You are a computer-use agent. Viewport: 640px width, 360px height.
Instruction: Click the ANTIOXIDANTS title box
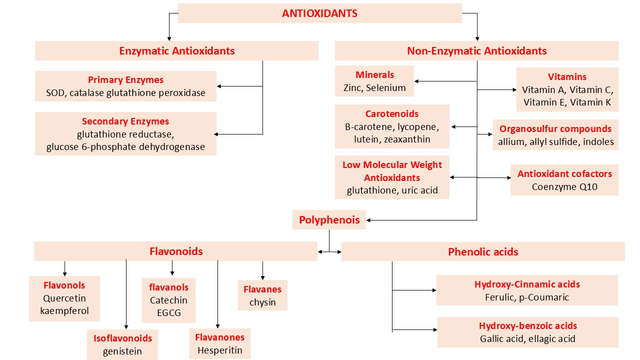click(319, 13)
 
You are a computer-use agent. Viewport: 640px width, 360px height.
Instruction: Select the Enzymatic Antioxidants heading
click(176, 51)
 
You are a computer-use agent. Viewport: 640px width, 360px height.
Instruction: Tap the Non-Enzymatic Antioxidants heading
click(476, 51)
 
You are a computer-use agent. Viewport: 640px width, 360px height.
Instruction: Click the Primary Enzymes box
click(125, 86)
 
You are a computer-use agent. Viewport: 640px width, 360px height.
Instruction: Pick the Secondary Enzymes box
click(125, 133)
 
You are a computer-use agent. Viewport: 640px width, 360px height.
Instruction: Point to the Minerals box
click(374, 81)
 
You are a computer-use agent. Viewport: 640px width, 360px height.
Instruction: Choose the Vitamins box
click(567, 89)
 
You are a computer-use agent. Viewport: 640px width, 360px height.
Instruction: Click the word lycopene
click(417, 126)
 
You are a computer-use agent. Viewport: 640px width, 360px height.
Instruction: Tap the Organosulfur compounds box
click(555, 135)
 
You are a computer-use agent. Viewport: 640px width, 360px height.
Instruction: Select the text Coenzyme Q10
click(564, 187)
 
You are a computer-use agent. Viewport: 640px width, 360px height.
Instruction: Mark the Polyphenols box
click(329, 220)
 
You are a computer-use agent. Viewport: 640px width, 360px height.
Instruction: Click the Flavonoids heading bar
click(176, 251)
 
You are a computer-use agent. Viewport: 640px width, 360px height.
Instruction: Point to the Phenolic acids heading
click(483, 251)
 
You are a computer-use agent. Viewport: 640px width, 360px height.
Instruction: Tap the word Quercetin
click(64, 298)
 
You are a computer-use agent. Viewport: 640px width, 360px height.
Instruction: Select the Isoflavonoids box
click(122, 344)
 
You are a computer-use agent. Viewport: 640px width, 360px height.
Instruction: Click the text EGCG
click(168, 313)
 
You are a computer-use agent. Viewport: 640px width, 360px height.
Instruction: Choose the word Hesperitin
click(219, 350)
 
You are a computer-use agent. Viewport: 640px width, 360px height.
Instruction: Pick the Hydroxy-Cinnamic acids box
click(527, 290)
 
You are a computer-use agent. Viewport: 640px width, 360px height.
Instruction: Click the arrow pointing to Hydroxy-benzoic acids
click(414, 330)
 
